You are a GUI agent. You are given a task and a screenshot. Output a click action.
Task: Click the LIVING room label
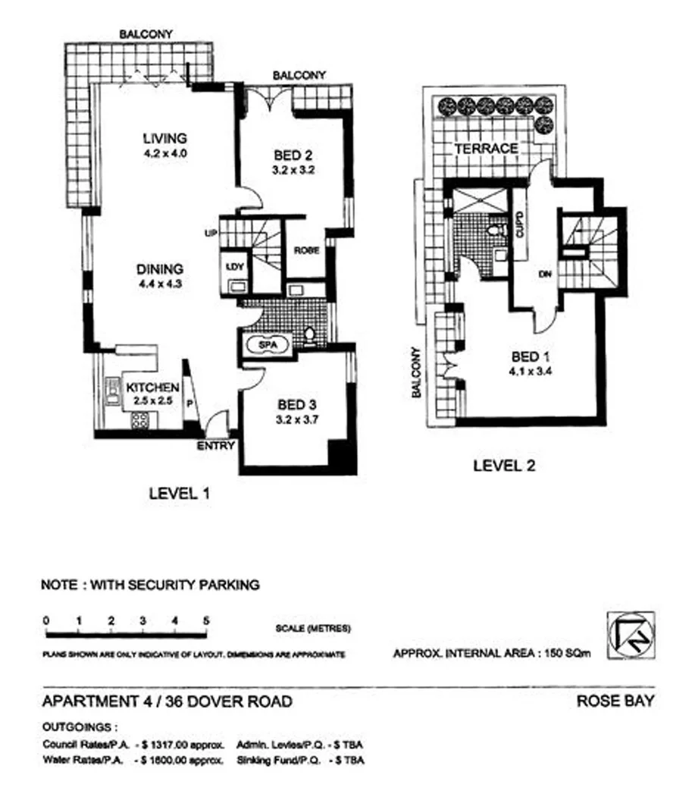pyautogui.click(x=164, y=139)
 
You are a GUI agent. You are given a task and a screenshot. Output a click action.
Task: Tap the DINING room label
pyautogui.click(x=160, y=269)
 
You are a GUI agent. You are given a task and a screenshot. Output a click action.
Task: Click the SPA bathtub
pyautogui.click(x=267, y=345)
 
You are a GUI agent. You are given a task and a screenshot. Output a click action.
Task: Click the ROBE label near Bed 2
pyautogui.click(x=307, y=249)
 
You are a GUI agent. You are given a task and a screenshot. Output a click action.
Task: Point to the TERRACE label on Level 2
pyautogui.click(x=486, y=149)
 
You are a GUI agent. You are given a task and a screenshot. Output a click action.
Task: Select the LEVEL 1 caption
pyautogui.click(x=179, y=493)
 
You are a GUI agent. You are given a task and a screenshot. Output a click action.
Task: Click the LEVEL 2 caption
pyautogui.click(x=503, y=466)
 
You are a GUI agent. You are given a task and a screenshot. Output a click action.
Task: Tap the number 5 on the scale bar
pyautogui.click(x=206, y=621)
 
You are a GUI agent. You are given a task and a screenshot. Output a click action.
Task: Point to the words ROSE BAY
pyautogui.click(x=615, y=701)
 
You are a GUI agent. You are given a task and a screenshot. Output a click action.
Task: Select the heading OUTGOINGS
pyautogui.click(x=80, y=726)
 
